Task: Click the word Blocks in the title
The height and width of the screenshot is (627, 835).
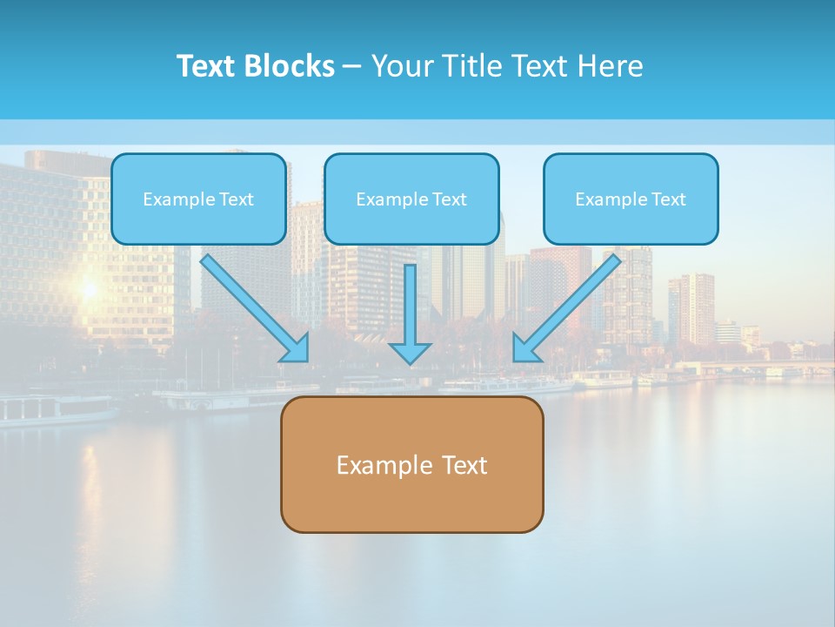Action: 291,66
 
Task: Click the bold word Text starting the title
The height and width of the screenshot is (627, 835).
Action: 208,66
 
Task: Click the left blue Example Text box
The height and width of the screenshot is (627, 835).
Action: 198,199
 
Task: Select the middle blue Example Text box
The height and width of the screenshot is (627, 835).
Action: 411,199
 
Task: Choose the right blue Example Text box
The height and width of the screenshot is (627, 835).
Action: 631,199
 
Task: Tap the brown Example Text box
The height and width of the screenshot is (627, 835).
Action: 411,465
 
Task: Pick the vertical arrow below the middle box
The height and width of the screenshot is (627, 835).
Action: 411,305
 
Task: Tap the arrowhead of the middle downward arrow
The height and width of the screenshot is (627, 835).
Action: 411,353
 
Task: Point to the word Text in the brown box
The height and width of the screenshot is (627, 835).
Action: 464,465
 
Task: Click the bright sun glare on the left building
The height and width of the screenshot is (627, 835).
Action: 88,287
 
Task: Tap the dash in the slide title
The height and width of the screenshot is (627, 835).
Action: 352,67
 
